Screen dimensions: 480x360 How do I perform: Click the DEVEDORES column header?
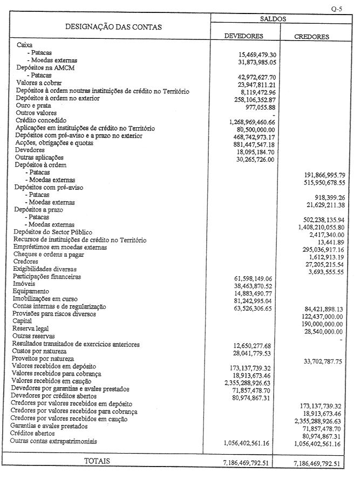(243, 36)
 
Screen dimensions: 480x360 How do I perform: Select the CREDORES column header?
(311, 37)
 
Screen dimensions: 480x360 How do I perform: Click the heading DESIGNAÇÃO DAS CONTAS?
(113, 26)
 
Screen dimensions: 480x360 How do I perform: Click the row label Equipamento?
(31, 290)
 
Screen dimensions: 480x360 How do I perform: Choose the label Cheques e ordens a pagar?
(51, 254)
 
